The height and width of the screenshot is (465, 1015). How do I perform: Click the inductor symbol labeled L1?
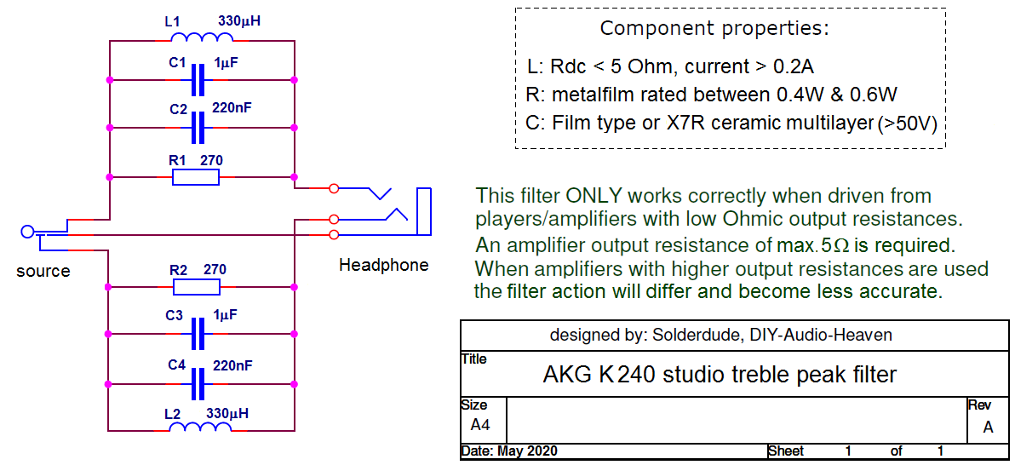pyautogui.click(x=203, y=39)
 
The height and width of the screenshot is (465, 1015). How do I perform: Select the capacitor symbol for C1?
pyautogui.click(x=198, y=80)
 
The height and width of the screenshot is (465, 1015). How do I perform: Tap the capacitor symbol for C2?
pyautogui.click(x=198, y=128)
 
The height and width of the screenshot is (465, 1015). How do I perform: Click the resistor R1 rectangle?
pyautogui.click(x=196, y=177)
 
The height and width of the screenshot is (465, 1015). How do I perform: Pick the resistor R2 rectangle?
pyautogui.click(x=196, y=287)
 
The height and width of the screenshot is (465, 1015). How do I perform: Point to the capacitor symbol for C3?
pyautogui.click(x=198, y=335)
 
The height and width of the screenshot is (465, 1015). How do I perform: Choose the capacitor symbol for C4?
pyautogui.click(x=198, y=384)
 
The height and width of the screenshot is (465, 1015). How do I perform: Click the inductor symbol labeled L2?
pyautogui.click(x=201, y=428)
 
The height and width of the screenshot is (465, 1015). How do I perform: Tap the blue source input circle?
pyautogui.click(x=27, y=232)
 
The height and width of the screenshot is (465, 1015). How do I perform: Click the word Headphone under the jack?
pyautogui.click(x=383, y=265)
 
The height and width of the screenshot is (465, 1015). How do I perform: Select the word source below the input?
pyautogui.click(x=43, y=272)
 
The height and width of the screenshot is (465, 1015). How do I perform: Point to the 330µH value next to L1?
pyautogui.click(x=239, y=20)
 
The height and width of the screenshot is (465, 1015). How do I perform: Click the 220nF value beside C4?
pyautogui.click(x=232, y=365)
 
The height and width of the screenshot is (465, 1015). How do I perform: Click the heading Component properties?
pyautogui.click(x=714, y=28)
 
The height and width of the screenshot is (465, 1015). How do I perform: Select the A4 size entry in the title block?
pyautogui.click(x=480, y=424)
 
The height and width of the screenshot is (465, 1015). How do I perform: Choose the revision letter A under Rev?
pyautogui.click(x=988, y=428)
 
